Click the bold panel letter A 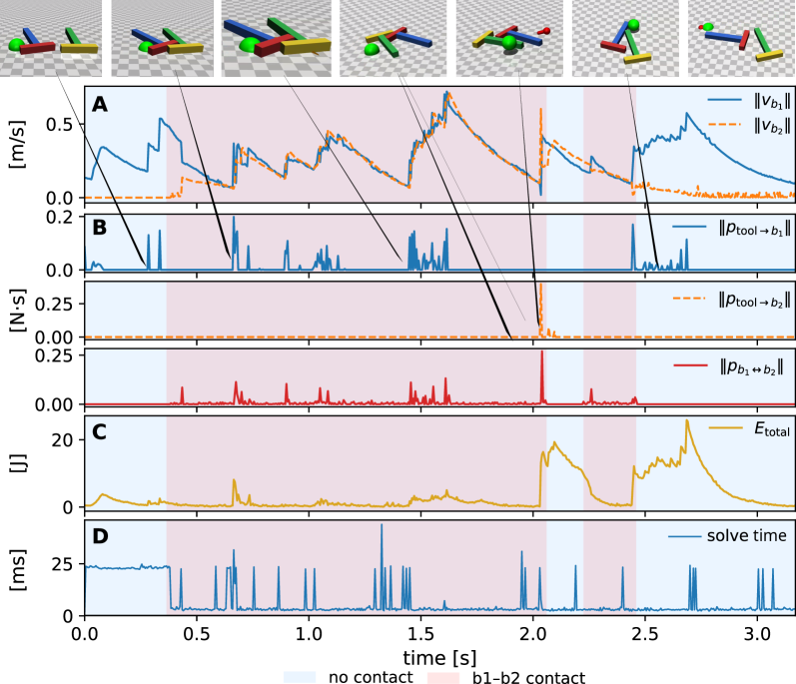point(100,104)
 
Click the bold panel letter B point(100,228)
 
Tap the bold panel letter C point(100,432)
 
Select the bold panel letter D point(100,536)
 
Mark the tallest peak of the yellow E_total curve point(686,421)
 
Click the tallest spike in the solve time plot point(381,526)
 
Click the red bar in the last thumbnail point(744,40)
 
